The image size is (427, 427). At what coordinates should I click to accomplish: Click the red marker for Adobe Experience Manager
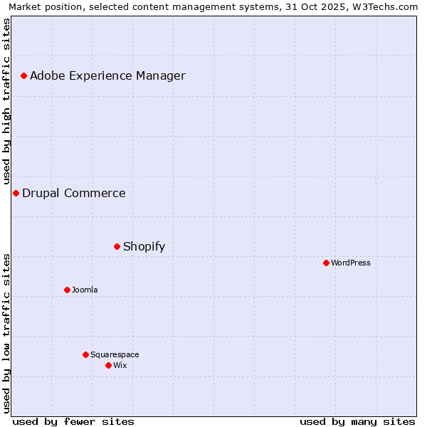tap(23, 75)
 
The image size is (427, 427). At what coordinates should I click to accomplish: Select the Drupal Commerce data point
tap(16, 193)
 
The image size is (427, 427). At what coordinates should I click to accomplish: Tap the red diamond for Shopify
tap(117, 246)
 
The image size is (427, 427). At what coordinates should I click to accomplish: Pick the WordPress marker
tap(326, 263)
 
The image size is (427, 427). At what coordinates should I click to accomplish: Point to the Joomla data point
tap(67, 290)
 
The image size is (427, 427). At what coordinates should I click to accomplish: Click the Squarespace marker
tap(85, 354)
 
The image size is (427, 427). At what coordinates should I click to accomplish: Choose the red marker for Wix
tap(108, 365)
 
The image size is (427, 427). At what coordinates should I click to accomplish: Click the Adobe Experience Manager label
tap(107, 75)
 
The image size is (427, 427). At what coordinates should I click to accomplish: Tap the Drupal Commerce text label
tap(74, 193)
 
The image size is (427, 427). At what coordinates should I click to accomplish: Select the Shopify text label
tap(144, 246)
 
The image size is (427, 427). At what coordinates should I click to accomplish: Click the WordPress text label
tap(351, 263)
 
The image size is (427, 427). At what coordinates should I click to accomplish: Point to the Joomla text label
tap(85, 290)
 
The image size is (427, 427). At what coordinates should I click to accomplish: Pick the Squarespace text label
tap(115, 354)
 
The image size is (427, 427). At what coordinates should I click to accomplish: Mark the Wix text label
tap(120, 365)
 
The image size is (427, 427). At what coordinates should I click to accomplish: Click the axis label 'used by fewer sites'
tap(73, 421)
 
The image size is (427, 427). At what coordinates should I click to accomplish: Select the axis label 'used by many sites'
tap(357, 421)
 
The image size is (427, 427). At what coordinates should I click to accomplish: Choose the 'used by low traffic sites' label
tap(7, 333)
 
